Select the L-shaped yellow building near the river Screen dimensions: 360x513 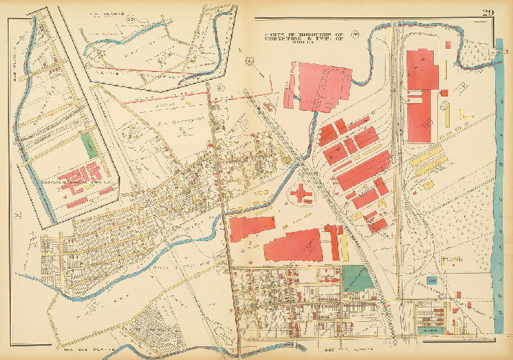click(445, 112)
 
